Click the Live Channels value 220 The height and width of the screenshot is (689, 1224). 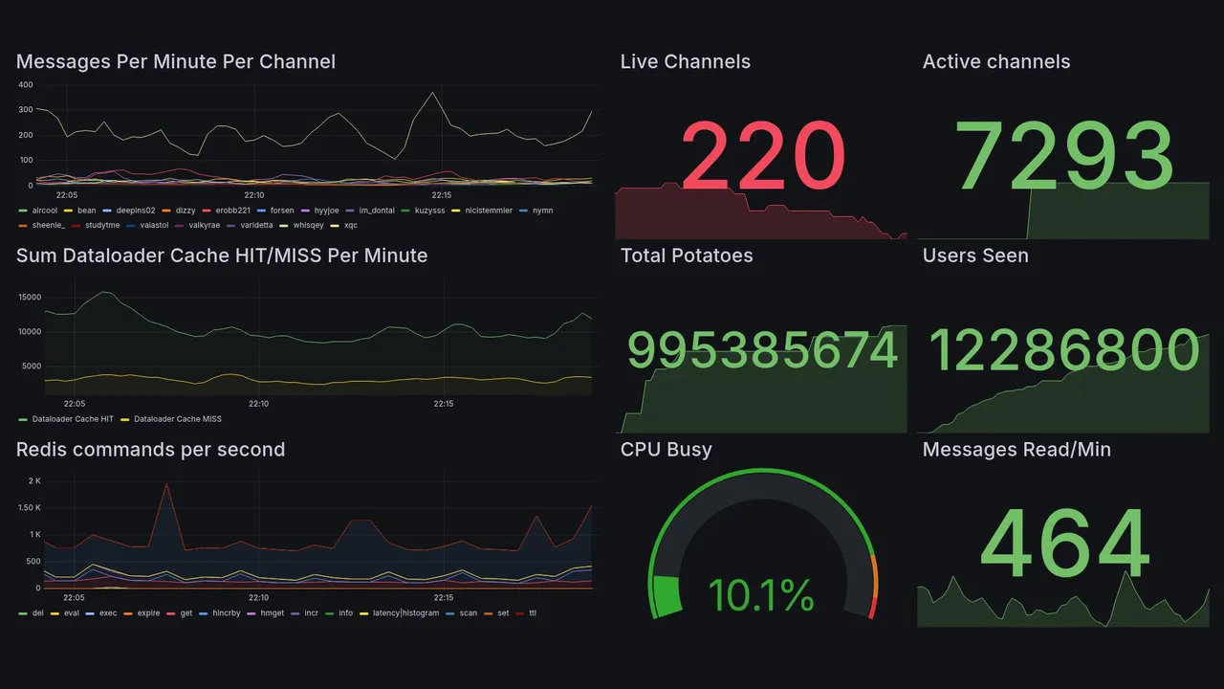(x=762, y=156)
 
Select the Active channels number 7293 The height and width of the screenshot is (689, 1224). (x=1064, y=156)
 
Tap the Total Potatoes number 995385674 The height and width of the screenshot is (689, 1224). (x=762, y=350)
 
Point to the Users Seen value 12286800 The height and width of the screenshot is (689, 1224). (x=1064, y=350)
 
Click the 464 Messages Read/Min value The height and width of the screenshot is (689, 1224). (x=1064, y=545)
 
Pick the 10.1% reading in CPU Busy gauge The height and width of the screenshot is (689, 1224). (x=761, y=595)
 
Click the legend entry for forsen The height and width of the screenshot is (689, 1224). (x=281, y=211)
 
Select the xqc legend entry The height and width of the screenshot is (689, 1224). (x=350, y=226)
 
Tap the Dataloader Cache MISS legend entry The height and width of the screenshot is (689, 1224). (x=177, y=419)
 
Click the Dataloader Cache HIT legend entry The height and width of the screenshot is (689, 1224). (x=72, y=419)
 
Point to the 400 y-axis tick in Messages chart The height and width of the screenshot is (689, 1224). (x=25, y=85)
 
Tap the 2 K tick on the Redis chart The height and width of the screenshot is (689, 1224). (x=33, y=480)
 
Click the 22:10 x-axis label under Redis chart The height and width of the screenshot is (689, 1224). (x=258, y=597)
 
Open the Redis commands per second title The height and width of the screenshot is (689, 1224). (x=150, y=450)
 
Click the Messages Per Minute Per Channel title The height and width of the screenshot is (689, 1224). (x=176, y=62)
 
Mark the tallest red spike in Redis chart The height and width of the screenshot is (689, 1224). (x=166, y=483)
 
